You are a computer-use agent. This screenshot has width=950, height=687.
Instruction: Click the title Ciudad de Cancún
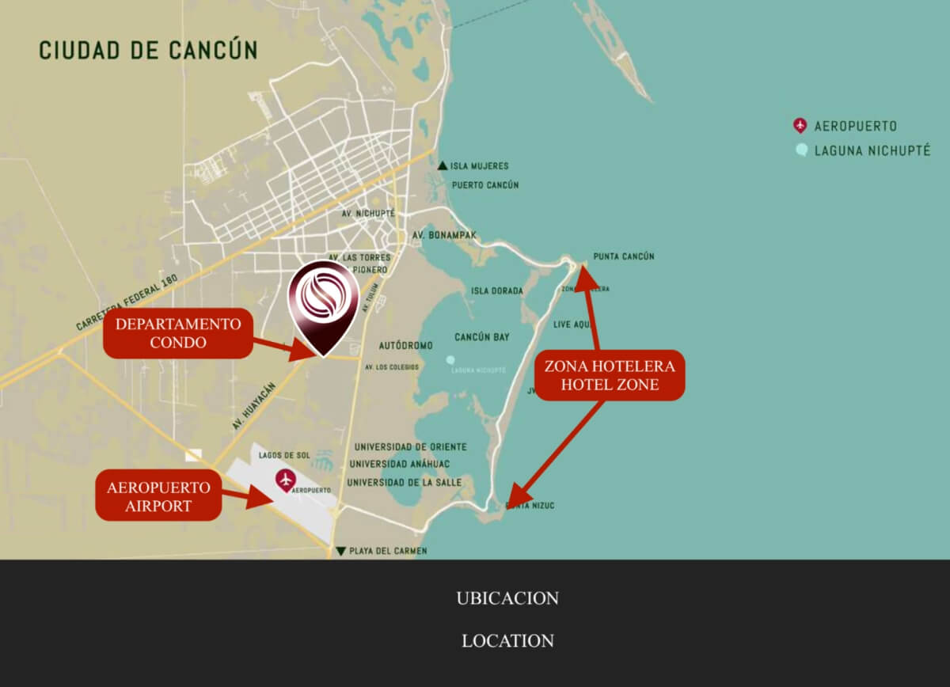click(x=148, y=50)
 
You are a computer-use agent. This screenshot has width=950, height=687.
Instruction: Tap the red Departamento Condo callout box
click(x=178, y=333)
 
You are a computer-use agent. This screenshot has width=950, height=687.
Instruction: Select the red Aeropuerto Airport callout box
click(x=158, y=495)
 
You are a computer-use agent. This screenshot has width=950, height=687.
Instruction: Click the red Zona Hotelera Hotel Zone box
click(x=610, y=375)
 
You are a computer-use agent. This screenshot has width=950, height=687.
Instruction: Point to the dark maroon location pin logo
click(x=323, y=305)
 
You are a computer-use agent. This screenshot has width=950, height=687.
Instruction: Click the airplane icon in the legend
click(x=800, y=125)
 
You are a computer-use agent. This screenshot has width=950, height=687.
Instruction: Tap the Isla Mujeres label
click(x=479, y=166)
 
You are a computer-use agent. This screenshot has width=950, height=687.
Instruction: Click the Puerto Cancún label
click(x=485, y=185)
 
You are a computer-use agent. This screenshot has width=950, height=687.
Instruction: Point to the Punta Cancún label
click(x=624, y=256)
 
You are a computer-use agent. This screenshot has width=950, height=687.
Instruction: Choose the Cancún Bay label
click(x=482, y=337)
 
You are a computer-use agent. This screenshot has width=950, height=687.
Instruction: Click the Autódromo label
click(x=406, y=346)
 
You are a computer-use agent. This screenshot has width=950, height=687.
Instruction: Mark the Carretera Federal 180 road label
click(x=127, y=302)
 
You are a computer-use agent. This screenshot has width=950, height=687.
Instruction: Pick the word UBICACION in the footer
click(x=507, y=598)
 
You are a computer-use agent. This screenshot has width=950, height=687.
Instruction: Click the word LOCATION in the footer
click(x=507, y=640)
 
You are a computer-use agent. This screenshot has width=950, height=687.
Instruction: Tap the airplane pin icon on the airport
click(x=285, y=478)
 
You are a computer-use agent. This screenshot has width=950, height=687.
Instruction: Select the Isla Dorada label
click(x=497, y=290)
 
